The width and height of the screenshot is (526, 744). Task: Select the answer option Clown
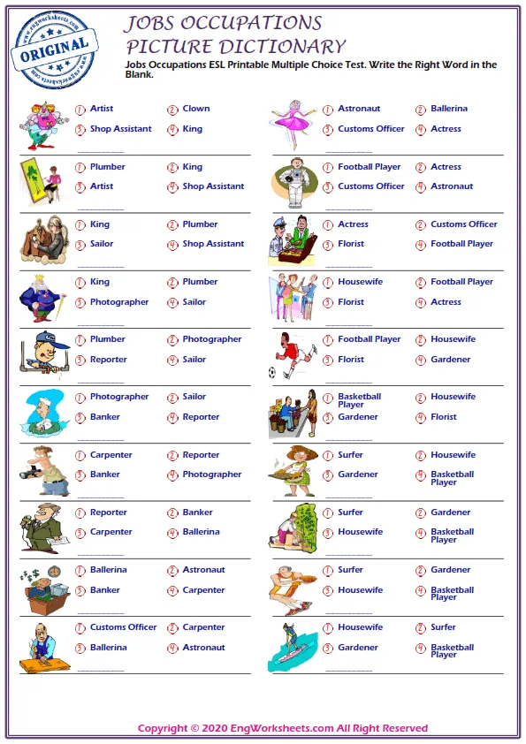coord(196,109)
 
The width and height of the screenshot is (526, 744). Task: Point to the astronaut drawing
coord(292,183)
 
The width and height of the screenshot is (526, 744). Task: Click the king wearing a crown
coord(40,298)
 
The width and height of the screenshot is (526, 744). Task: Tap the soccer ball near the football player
coord(273,373)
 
